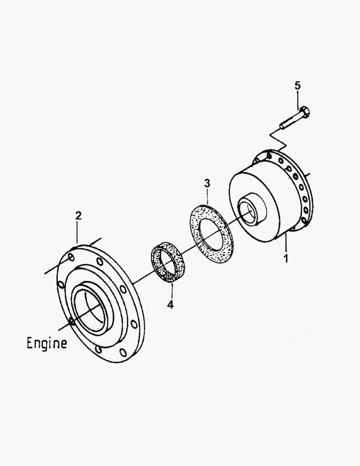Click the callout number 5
297,85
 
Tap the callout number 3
207,183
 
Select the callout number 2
78,216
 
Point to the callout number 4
171,305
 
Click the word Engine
47,343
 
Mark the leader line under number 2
78,233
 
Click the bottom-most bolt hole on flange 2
123,353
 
